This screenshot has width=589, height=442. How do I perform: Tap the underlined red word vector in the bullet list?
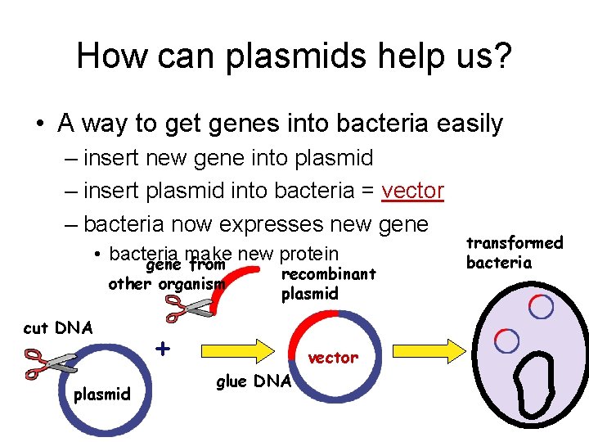coord(413,191)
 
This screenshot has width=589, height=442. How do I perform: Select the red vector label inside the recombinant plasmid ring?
coord(332,357)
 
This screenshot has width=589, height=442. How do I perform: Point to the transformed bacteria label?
coord(515,252)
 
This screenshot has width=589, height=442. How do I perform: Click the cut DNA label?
coord(58,328)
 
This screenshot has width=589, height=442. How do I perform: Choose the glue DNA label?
coord(253,381)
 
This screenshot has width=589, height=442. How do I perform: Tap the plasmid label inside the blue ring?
coord(102,395)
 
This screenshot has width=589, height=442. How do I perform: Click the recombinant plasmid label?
coord(327,283)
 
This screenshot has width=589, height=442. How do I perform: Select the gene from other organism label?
coord(167,275)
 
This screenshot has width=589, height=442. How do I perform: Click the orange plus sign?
coord(164,348)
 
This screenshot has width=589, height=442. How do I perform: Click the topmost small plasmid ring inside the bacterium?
coord(541,306)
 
